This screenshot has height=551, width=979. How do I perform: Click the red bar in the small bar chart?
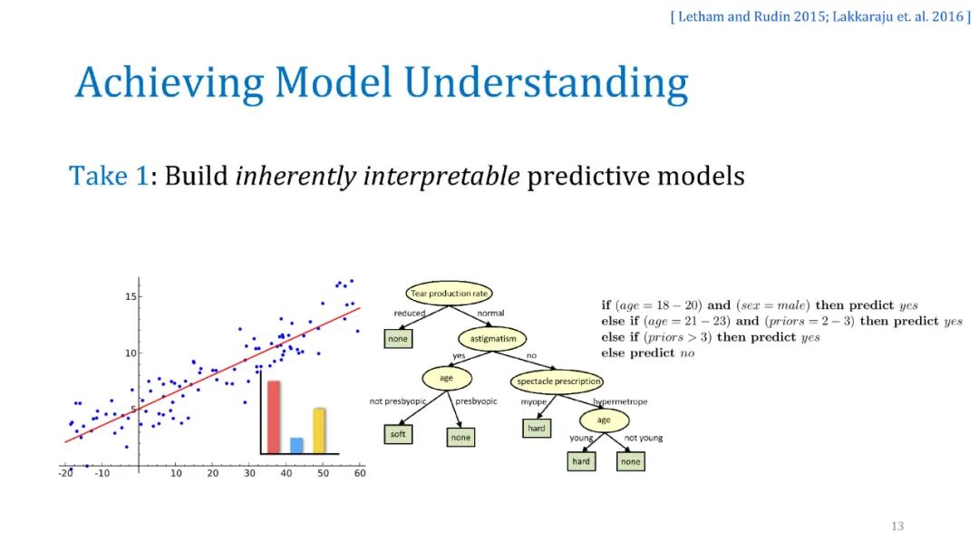tap(274, 417)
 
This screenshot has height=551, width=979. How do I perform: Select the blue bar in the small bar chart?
tap(296, 446)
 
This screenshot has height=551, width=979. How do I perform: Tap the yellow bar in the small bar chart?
tap(319, 430)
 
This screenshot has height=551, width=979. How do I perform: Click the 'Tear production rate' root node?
tap(449, 294)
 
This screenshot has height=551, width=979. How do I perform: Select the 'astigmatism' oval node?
tap(492, 339)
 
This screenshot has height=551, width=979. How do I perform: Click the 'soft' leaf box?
tap(398, 434)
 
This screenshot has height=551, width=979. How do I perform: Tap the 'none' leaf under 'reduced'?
tap(398, 339)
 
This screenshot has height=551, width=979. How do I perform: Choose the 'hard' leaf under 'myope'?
tap(537, 428)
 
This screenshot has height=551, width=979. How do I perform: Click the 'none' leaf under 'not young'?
tap(631, 462)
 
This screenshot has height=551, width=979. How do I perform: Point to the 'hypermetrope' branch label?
tap(620, 401)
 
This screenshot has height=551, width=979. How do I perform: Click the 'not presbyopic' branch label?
tap(398, 401)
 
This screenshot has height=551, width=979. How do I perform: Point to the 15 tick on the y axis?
tap(131, 296)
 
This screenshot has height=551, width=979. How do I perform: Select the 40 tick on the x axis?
tap(286, 473)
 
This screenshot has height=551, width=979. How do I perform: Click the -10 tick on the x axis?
tap(102, 473)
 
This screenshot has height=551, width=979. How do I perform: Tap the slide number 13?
tap(897, 526)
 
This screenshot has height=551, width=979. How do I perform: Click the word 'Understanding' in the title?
tap(546, 83)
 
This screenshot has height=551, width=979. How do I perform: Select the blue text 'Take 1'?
tap(109, 176)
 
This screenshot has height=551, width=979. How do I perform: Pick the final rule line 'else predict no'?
tap(647, 353)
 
